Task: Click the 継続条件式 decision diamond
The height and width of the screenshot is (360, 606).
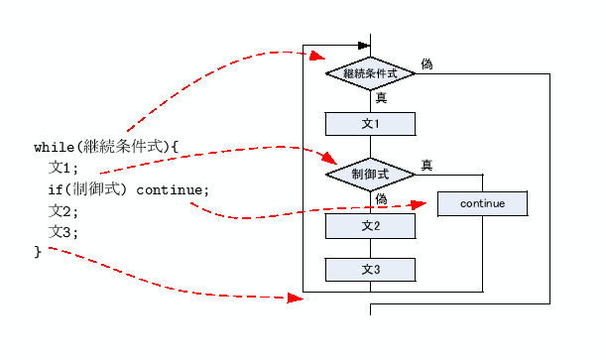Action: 370,73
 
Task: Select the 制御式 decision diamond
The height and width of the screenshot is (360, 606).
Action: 370,174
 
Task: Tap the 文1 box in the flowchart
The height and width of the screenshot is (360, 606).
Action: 370,124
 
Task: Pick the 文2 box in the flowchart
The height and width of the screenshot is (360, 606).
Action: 370,226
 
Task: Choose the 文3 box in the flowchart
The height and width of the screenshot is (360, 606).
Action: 370,270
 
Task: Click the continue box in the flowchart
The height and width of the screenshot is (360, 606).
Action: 482,203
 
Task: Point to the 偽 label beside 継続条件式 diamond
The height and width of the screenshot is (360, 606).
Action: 426,63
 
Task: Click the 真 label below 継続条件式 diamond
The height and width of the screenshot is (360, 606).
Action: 381,97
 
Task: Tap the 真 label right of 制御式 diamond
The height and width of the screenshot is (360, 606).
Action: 426,165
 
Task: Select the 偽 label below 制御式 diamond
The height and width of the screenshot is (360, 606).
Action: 381,199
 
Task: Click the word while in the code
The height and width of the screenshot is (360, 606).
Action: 54,147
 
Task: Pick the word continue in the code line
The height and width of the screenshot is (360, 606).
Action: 173,189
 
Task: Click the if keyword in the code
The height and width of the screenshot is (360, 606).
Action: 57,189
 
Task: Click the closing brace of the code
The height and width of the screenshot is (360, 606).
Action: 38,253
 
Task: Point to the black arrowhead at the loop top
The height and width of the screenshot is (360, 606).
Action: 362,45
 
